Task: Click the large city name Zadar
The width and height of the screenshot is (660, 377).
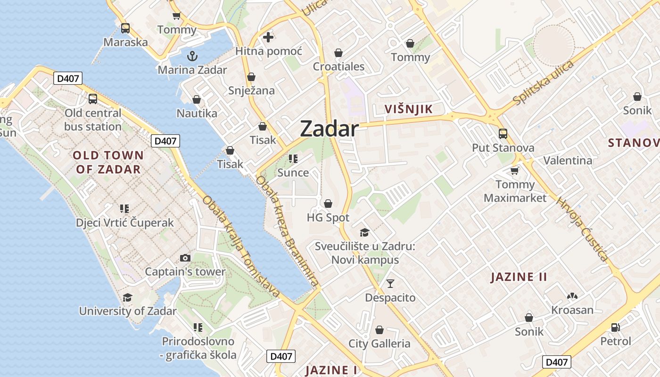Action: pyautogui.click(x=329, y=129)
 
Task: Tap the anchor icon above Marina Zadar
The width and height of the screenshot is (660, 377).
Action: pyautogui.click(x=192, y=57)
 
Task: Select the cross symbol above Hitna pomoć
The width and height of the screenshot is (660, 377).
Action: pyautogui.click(x=268, y=37)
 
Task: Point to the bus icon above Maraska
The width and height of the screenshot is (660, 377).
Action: pyautogui.click(x=125, y=28)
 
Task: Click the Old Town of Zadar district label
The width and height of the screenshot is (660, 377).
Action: pyautogui.click(x=108, y=162)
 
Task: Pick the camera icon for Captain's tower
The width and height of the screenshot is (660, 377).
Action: pyautogui.click(x=185, y=258)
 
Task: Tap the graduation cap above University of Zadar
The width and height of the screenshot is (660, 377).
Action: pyautogui.click(x=127, y=297)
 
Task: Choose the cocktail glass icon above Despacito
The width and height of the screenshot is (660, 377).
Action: pyautogui.click(x=390, y=284)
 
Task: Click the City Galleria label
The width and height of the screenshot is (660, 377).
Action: pyautogui.click(x=379, y=344)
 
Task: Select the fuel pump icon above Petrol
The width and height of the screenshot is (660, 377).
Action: pyautogui.click(x=615, y=327)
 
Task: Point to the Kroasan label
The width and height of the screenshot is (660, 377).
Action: pyautogui.click(x=572, y=310)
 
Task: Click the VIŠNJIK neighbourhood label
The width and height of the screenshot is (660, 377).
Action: pyautogui.click(x=408, y=109)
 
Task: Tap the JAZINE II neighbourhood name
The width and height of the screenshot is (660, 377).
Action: pyautogui.click(x=519, y=277)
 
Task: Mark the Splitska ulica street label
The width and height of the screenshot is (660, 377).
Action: pyautogui.click(x=543, y=83)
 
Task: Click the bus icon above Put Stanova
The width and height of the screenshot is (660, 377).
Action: pyautogui.click(x=503, y=134)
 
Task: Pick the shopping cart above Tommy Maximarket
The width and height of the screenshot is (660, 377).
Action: pyautogui.click(x=515, y=171)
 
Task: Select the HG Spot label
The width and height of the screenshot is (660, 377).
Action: pyautogui.click(x=328, y=218)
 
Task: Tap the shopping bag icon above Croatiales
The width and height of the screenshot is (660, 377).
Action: pyautogui.click(x=338, y=53)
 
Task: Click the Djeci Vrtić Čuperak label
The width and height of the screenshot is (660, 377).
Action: pyautogui.click(x=125, y=222)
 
